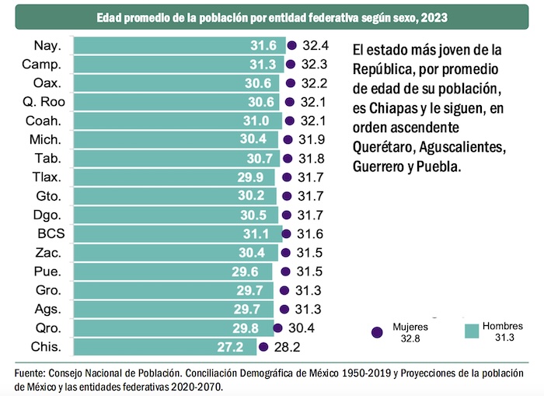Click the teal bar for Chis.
(163, 346)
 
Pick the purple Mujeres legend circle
(377, 331)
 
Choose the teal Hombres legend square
(470, 331)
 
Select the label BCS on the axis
(51, 233)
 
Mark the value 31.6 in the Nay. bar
(263, 47)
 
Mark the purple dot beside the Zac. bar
(284, 252)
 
